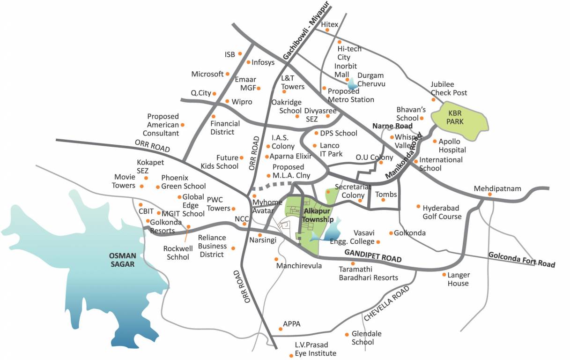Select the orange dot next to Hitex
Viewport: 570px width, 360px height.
point(327,30)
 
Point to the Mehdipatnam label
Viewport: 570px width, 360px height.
point(497,188)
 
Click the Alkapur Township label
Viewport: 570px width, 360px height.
point(318,216)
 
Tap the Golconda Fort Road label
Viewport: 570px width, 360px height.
point(521,260)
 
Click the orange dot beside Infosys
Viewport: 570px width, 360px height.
point(248,62)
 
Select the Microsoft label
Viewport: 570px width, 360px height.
point(207,74)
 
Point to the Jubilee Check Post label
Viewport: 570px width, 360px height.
point(449,89)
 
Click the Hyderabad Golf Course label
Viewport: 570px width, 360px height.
point(442,212)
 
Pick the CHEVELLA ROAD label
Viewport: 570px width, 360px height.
point(386,303)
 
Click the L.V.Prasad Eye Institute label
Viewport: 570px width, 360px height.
point(315,349)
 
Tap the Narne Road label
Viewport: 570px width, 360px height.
point(392,126)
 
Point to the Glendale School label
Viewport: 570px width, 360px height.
point(366,337)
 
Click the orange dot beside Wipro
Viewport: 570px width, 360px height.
point(227,101)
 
